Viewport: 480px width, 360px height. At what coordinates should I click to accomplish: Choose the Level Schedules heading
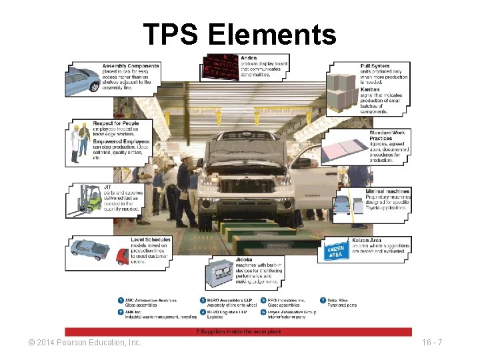tap(151, 239)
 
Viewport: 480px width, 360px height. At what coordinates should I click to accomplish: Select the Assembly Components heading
tap(131, 66)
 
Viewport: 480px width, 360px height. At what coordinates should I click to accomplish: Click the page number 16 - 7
tap(433, 343)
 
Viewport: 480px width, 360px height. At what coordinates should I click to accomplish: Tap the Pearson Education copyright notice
tap(85, 343)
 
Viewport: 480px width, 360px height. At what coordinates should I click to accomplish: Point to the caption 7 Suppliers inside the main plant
tap(238, 331)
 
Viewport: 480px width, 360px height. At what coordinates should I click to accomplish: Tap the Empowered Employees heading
tap(129, 141)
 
